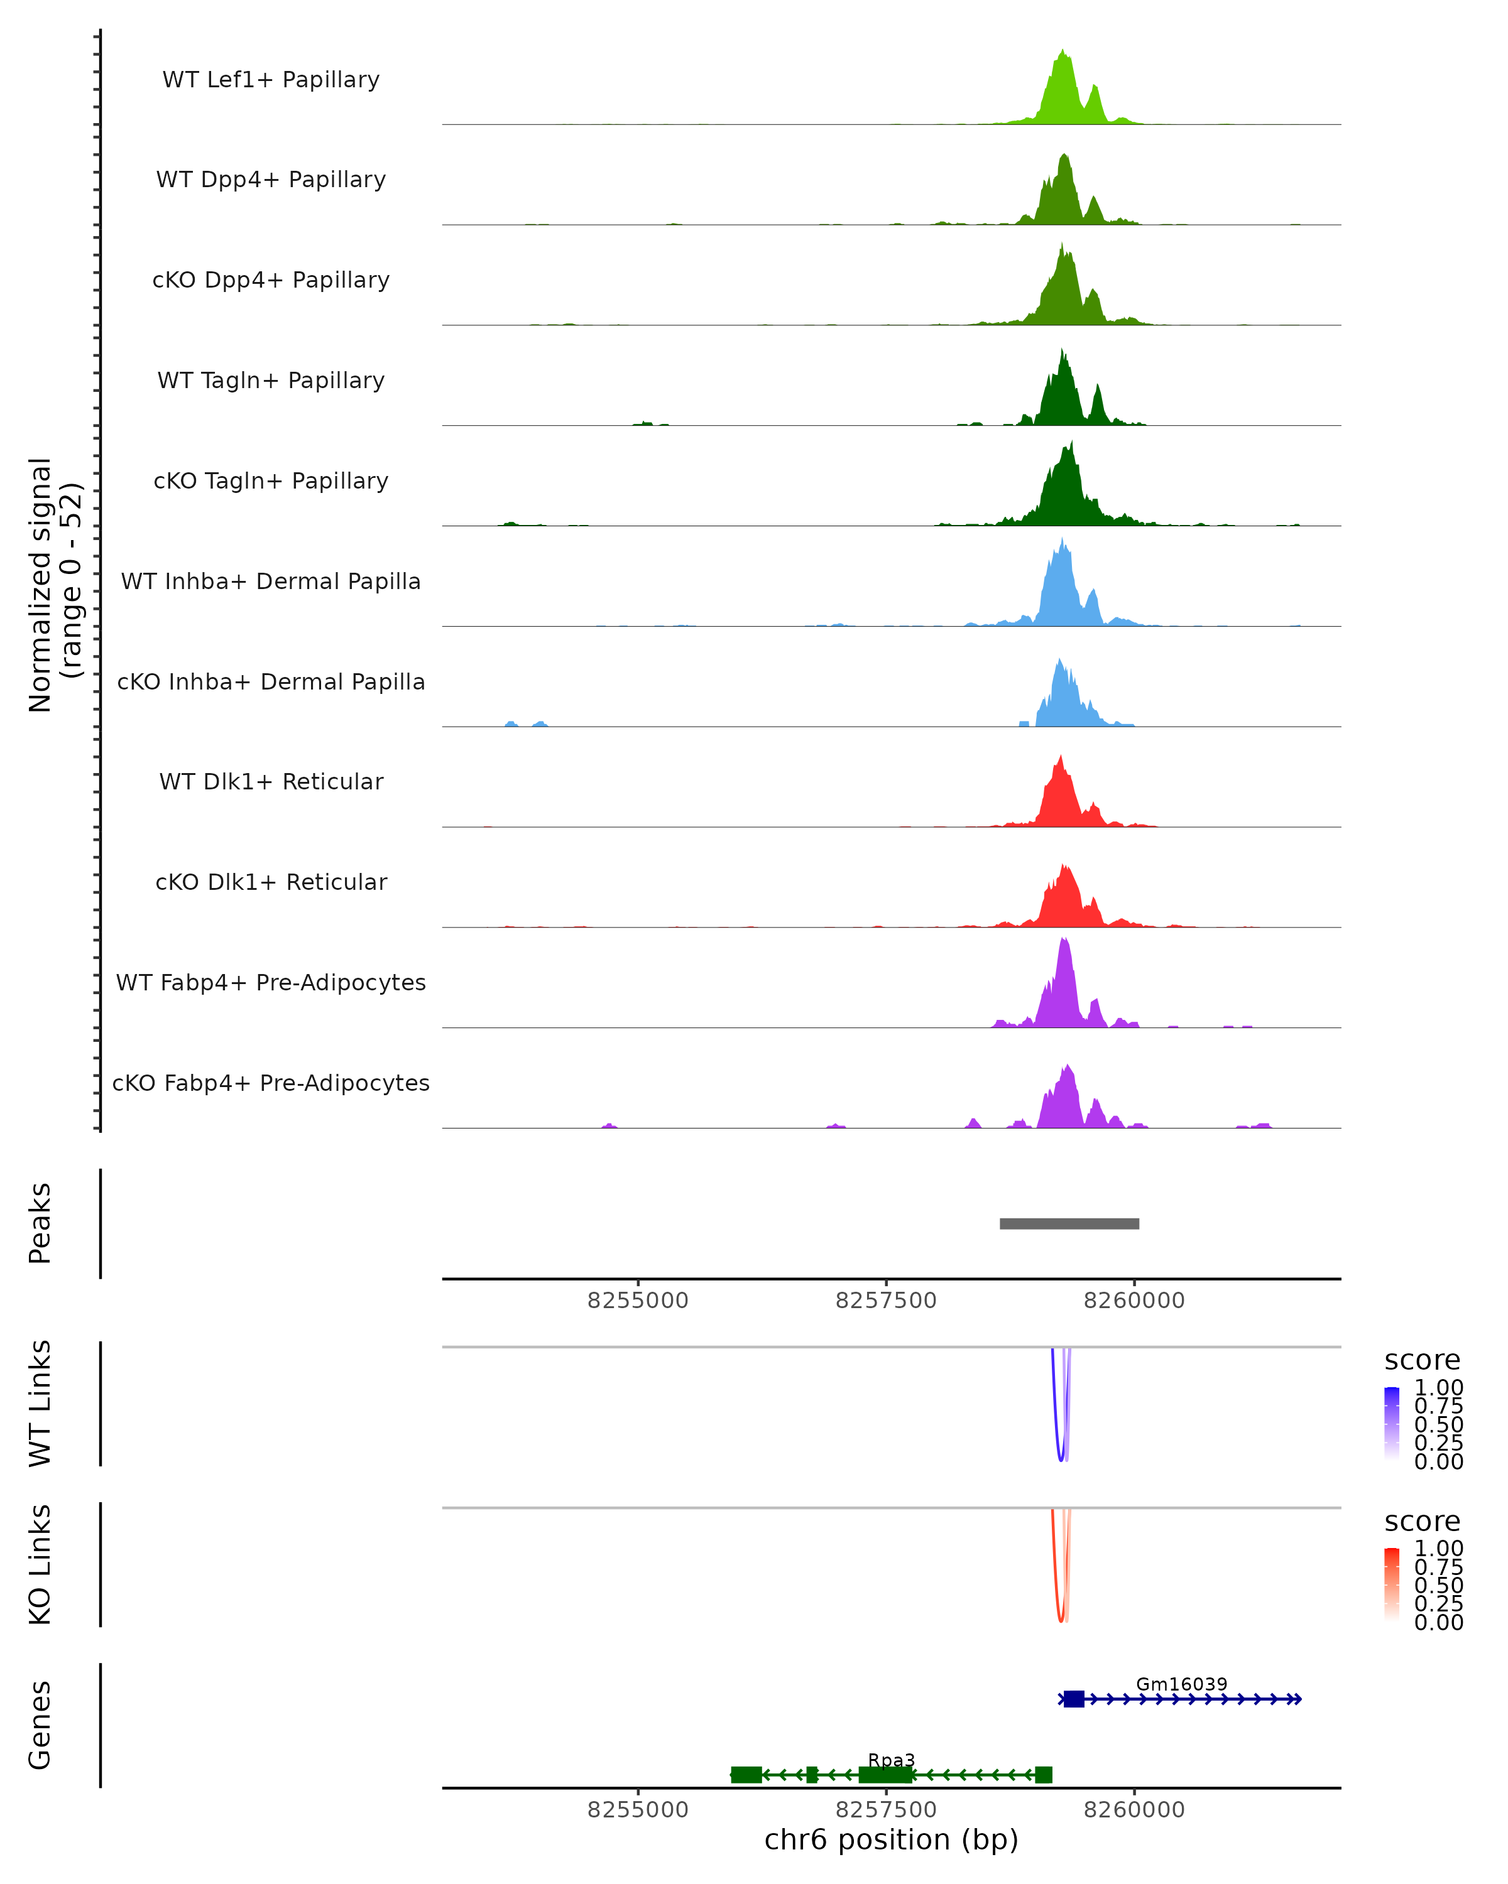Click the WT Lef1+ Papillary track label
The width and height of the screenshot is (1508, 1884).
point(271,80)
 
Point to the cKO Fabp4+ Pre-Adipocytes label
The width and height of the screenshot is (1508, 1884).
point(271,1083)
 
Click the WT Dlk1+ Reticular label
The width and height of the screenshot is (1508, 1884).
point(271,781)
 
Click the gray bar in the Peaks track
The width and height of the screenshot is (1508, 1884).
point(1069,1223)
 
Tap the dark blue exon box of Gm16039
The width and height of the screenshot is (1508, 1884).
point(1074,1699)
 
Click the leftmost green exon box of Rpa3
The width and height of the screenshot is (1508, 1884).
point(746,1774)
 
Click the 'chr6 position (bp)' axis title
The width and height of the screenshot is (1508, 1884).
point(891,1839)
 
